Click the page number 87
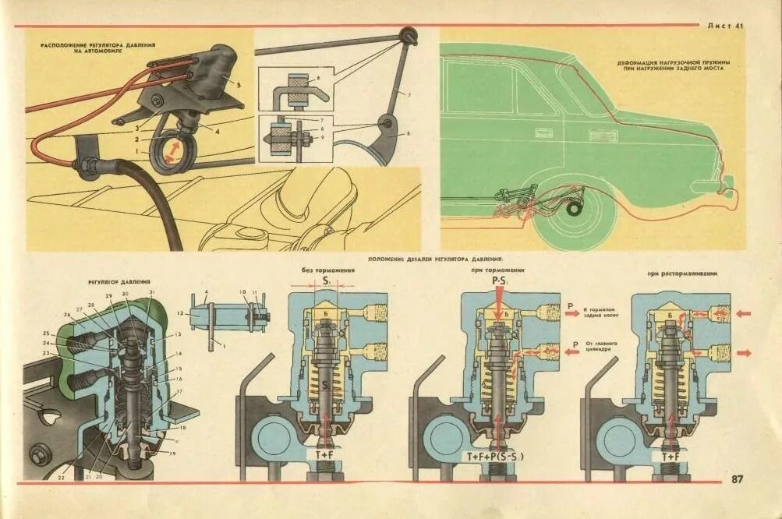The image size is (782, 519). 737,478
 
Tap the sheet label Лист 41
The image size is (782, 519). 726,26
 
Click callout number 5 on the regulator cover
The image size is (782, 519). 239,83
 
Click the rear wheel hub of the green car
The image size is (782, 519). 576,209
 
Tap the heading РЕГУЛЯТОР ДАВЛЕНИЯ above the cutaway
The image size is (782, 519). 119,281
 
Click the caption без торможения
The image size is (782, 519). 328,270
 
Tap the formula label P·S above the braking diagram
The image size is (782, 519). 500,280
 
